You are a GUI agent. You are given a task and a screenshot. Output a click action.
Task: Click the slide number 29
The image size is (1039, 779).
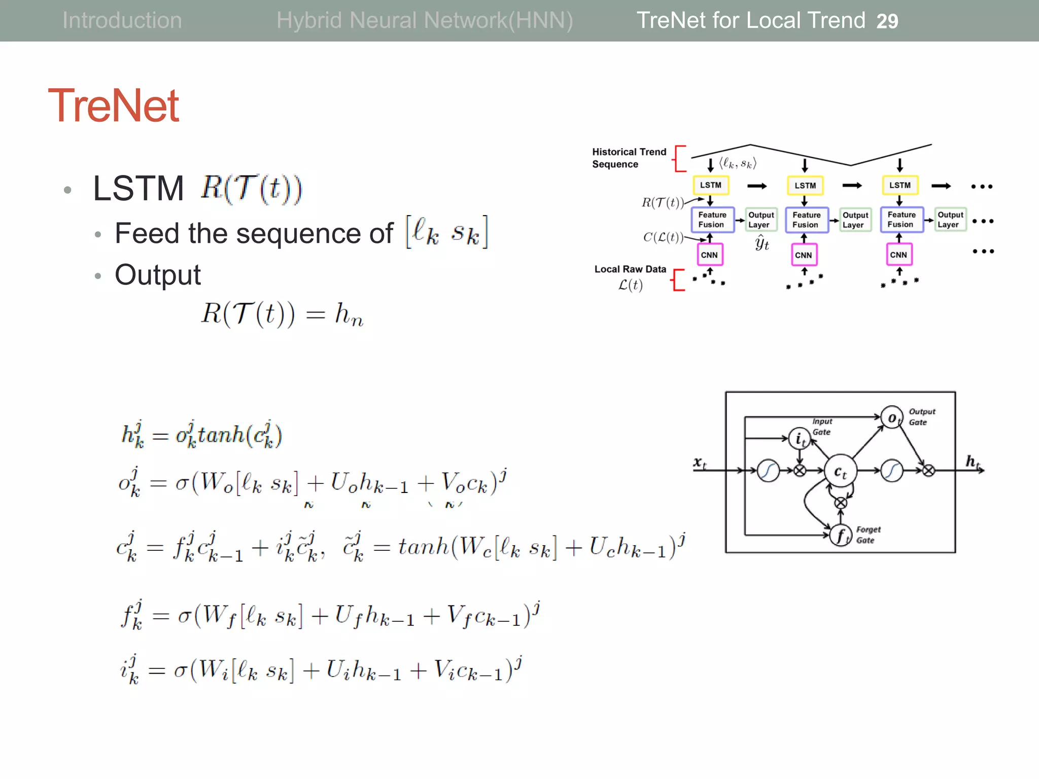tap(887, 21)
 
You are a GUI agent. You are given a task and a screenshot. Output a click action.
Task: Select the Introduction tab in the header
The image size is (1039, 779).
tap(122, 20)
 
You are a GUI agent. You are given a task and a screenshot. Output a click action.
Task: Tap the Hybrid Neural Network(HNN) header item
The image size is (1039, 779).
tap(425, 20)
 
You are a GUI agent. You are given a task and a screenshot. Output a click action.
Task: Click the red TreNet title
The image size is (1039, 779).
tap(113, 105)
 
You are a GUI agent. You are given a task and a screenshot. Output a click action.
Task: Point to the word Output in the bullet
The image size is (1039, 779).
tap(158, 275)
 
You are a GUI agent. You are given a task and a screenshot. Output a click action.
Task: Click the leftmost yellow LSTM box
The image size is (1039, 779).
tap(711, 185)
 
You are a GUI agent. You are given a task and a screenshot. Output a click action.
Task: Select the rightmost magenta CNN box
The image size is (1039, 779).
tap(898, 255)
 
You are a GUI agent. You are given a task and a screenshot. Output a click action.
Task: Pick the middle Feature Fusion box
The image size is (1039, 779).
tap(806, 220)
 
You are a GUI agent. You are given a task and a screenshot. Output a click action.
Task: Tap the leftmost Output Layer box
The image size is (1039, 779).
tap(760, 220)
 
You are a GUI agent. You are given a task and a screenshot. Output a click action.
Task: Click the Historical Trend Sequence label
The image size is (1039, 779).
tap(629, 158)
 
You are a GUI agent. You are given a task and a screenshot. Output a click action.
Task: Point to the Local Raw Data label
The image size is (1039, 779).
tap(630, 269)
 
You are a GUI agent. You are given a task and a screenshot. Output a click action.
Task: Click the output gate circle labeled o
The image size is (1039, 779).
tap(892, 418)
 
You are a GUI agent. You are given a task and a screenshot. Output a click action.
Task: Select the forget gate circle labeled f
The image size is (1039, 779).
tap(841, 535)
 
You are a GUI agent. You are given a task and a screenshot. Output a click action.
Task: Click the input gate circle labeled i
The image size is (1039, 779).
tap(800, 439)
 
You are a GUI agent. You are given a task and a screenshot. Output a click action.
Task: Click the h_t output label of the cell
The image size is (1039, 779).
tap(972, 462)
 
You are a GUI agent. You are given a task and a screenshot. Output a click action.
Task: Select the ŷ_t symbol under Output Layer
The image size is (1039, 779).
tap(761, 243)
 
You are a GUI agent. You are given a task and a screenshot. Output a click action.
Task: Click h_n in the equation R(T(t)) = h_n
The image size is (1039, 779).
tap(349, 314)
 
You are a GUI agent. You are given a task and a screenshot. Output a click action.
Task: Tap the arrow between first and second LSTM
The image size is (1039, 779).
tap(757, 186)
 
